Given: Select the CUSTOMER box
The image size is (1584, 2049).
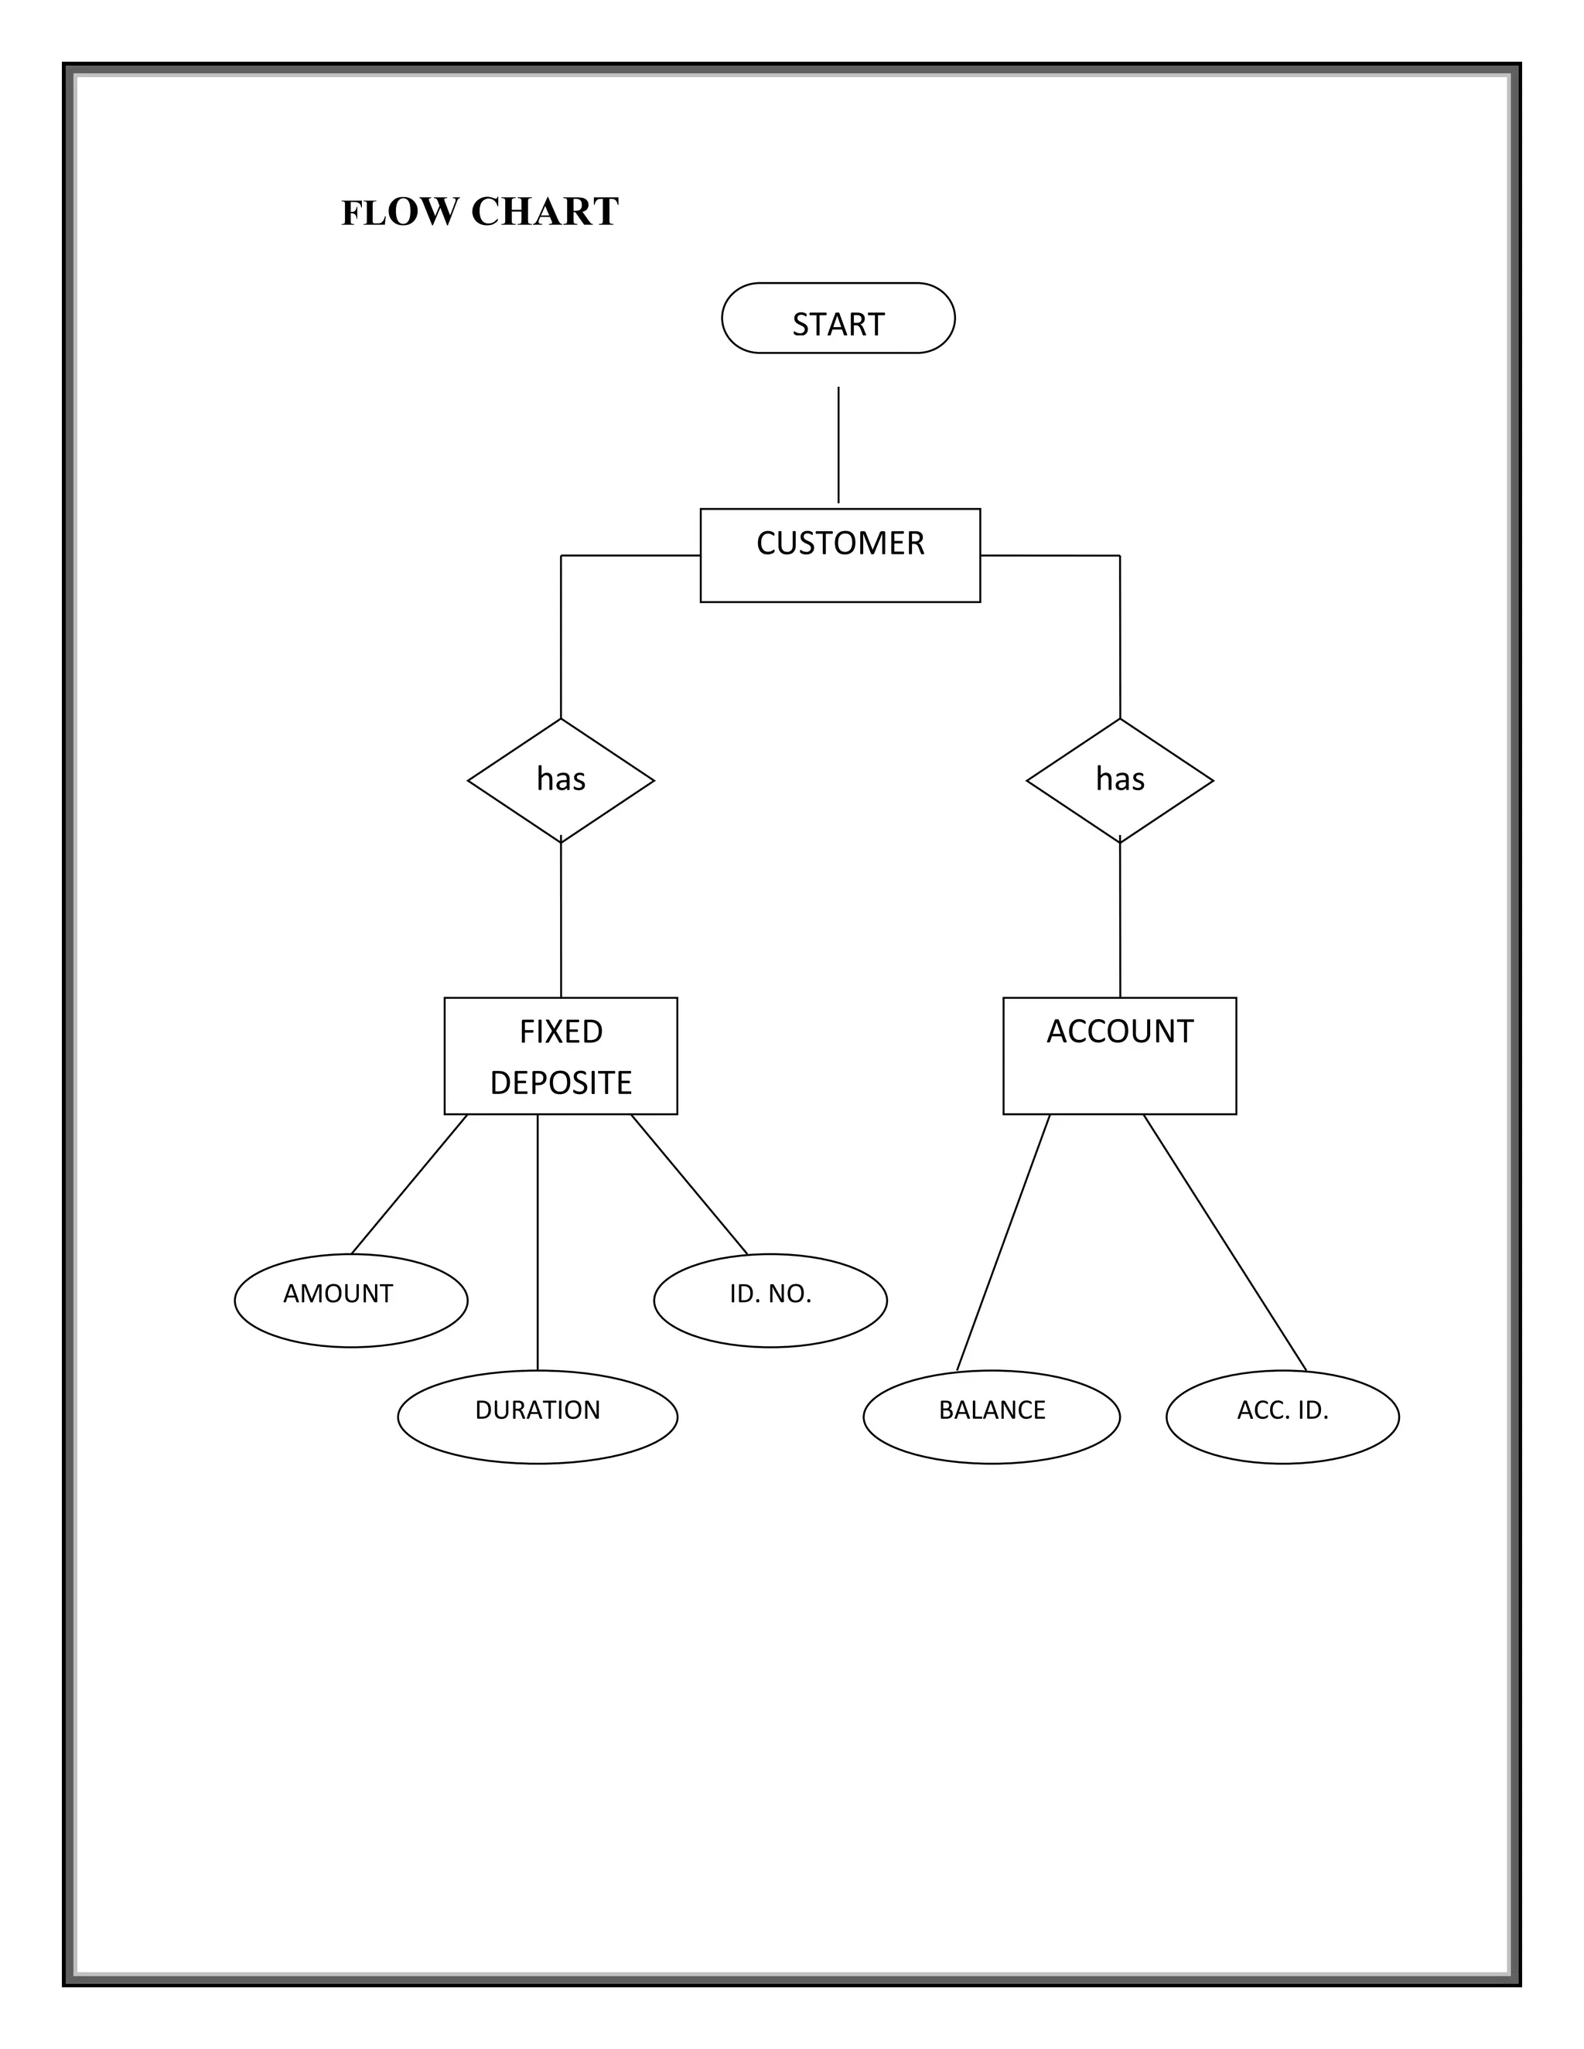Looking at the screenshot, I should point(840,555).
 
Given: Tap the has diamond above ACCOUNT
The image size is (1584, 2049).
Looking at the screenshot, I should point(1119,779).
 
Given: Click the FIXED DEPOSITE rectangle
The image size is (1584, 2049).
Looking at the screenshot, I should point(560,1055).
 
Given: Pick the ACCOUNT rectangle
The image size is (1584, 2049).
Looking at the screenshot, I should point(1119,1055).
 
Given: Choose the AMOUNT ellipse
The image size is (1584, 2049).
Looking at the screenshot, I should point(350,1301).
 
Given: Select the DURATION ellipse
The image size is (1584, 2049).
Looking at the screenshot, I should point(537,1417).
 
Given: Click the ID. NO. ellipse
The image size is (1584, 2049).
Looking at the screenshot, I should point(770,1301).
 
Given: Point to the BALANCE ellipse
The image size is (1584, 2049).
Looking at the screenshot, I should point(991,1417).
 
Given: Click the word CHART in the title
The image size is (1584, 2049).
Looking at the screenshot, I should point(544,212).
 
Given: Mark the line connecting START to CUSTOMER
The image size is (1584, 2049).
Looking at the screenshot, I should point(838,445).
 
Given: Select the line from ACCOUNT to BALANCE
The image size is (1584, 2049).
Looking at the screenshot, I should point(1002,1244).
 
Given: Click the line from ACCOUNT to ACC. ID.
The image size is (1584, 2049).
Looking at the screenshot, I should point(1224,1243).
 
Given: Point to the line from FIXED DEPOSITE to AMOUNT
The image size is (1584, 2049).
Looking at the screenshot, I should point(408,1185).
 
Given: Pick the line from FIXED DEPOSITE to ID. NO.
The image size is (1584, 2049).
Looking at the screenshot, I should point(690,1185).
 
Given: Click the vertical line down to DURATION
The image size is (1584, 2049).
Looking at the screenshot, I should point(537,1243).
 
